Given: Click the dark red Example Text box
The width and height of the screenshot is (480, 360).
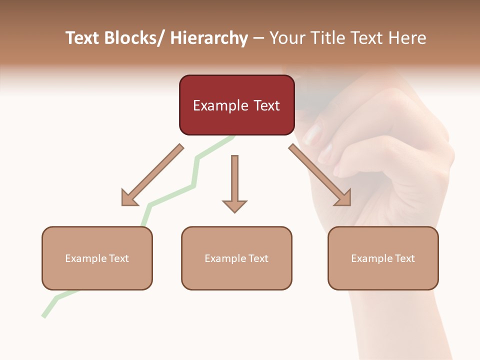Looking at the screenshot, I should pyautogui.click(x=236, y=105).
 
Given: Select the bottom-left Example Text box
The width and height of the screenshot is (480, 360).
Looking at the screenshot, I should pyautogui.click(x=97, y=258).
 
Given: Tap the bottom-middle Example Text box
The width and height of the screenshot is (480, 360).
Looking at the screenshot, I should pyautogui.click(x=236, y=258).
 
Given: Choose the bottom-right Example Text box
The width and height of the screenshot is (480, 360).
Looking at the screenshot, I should pyautogui.click(x=383, y=258).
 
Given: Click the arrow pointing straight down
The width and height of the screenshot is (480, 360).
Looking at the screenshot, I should pyautogui.click(x=234, y=183).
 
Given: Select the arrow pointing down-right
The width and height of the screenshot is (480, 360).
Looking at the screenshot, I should pyautogui.click(x=320, y=175).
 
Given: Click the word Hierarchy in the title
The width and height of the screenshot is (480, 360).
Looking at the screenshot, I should pyautogui.click(x=209, y=38).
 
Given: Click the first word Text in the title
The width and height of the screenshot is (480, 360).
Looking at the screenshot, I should pyautogui.click(x=83, y=38).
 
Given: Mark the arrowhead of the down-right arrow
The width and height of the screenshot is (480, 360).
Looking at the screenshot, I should pyautogui.click(x=344, y=199).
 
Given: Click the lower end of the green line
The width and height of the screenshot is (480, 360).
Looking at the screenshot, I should pyautogui.click(x=44, y=315).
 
